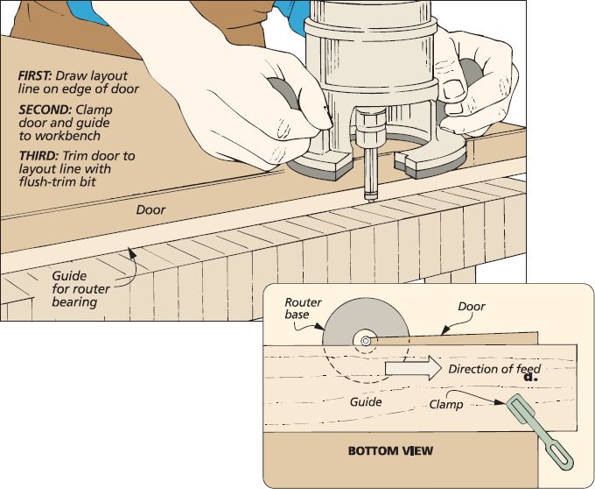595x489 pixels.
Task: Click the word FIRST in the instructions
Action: pyautogui.click(x=34, y=75)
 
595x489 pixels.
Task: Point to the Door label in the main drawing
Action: pyautogui.click(x=150, y=209)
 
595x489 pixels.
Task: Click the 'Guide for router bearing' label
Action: pyautogui.click(x=80, y=289)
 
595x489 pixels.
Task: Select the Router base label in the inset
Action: pyautogui.click(x=303, y=308)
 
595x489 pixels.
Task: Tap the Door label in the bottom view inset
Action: pyautogui.click(x=472, y=306)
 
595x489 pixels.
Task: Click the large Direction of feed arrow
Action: pyautogui.click(x=413, y=368)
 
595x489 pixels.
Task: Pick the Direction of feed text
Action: pyautogui.click(x=494, y=369)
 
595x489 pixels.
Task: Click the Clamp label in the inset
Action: pyautogui.click(x=446, y=404)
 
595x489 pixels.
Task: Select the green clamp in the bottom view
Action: pyautogui.click(x=539, y=431)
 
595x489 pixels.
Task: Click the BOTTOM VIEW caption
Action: pyautogui.click(x=390, y=451)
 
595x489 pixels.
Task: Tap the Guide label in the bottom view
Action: pyautogui.click(x=366, y=401)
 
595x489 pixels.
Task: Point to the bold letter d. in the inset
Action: pyautogui.click(x=531, y=377)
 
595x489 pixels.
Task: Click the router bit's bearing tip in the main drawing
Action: pyautogui.click(x=370, y=197)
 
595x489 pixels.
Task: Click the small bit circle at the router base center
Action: pyautogui.click(x=366, y=341)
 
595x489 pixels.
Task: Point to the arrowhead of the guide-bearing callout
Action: pyautogui.click(x=131, y=252)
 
